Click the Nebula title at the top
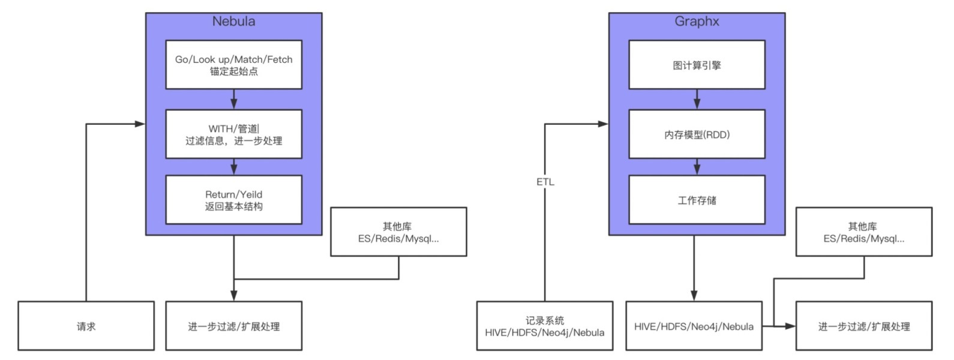click(233, 21)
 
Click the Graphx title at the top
click(697, 21)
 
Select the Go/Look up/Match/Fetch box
click(233, 65)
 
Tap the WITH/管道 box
click(233, 134)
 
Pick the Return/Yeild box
click(233, 200)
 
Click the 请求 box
click(86, 326)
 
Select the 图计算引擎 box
click(697, 65)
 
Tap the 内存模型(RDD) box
click(697, 134)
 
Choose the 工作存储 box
click(697, 200)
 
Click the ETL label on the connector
click(545, 181)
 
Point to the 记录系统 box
click(544, 326)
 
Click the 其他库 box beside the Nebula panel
click(398, 232)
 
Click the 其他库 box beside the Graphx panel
click(863, 232)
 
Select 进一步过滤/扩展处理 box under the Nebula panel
click(233, 326)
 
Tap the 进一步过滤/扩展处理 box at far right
click(863, 326)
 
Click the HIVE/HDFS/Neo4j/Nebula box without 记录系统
click(694, 326)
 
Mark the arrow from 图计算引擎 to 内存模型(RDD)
click(697, 99)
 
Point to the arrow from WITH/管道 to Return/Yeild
click(233, 167)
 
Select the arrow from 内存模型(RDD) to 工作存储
click(697, 167)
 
